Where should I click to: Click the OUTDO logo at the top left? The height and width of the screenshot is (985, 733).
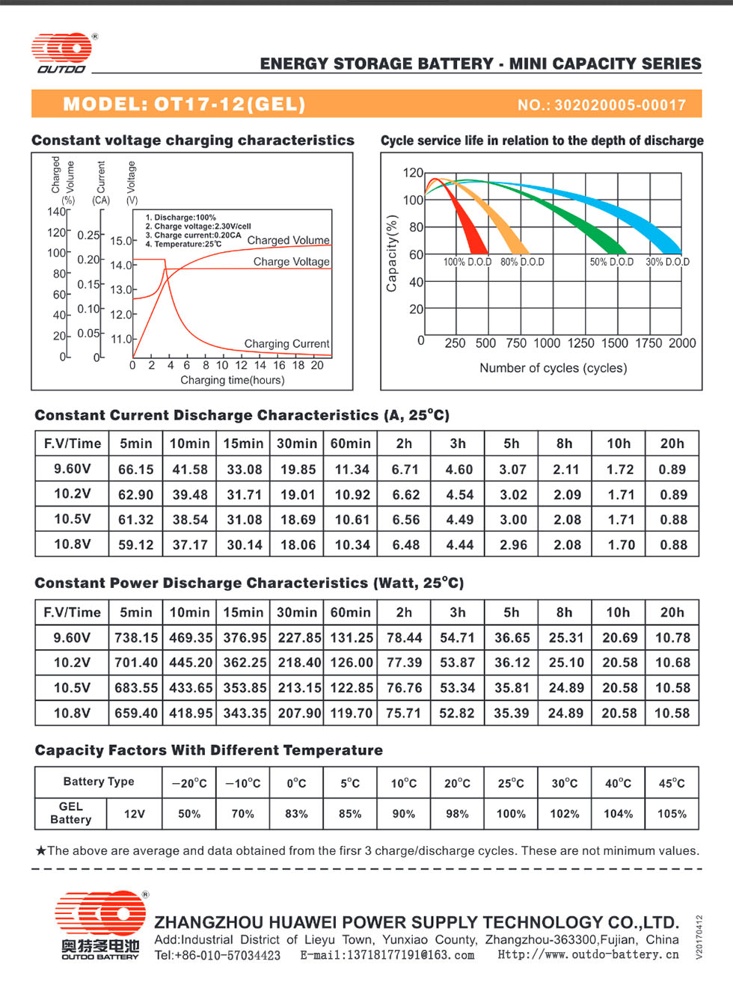tap(62, 52)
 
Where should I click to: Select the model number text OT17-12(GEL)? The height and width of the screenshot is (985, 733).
tap(229, 104)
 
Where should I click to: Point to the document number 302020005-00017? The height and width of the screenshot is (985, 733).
tap(620, 105)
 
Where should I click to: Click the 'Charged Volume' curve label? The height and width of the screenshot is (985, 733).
tap(288, 240)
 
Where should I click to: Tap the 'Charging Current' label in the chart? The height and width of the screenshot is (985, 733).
tap(287, 344)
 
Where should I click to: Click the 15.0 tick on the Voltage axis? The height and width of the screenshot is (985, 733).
tap(121, 241)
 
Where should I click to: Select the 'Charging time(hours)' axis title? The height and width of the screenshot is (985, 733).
tap(233, 380)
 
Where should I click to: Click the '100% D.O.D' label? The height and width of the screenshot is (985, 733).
tap(467, 262)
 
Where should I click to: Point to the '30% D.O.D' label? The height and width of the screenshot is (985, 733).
tap(667, 262)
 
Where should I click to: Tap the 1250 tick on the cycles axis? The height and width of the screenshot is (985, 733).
tap(580, 343)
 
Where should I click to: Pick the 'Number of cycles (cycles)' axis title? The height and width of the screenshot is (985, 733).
tap(553, 368)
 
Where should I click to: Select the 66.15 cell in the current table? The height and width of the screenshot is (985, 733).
tap(136, 470)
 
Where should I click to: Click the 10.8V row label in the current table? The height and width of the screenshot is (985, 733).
tap(73, 544)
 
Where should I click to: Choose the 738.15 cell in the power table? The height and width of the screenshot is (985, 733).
tap(136, 638)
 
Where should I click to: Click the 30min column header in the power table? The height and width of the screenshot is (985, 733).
tap(297, 613)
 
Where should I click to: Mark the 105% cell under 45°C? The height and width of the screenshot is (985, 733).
tap(672, 814)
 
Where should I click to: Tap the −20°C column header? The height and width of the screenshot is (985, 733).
tap(189, 783)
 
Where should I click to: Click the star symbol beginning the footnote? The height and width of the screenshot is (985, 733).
tap(41, 851)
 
